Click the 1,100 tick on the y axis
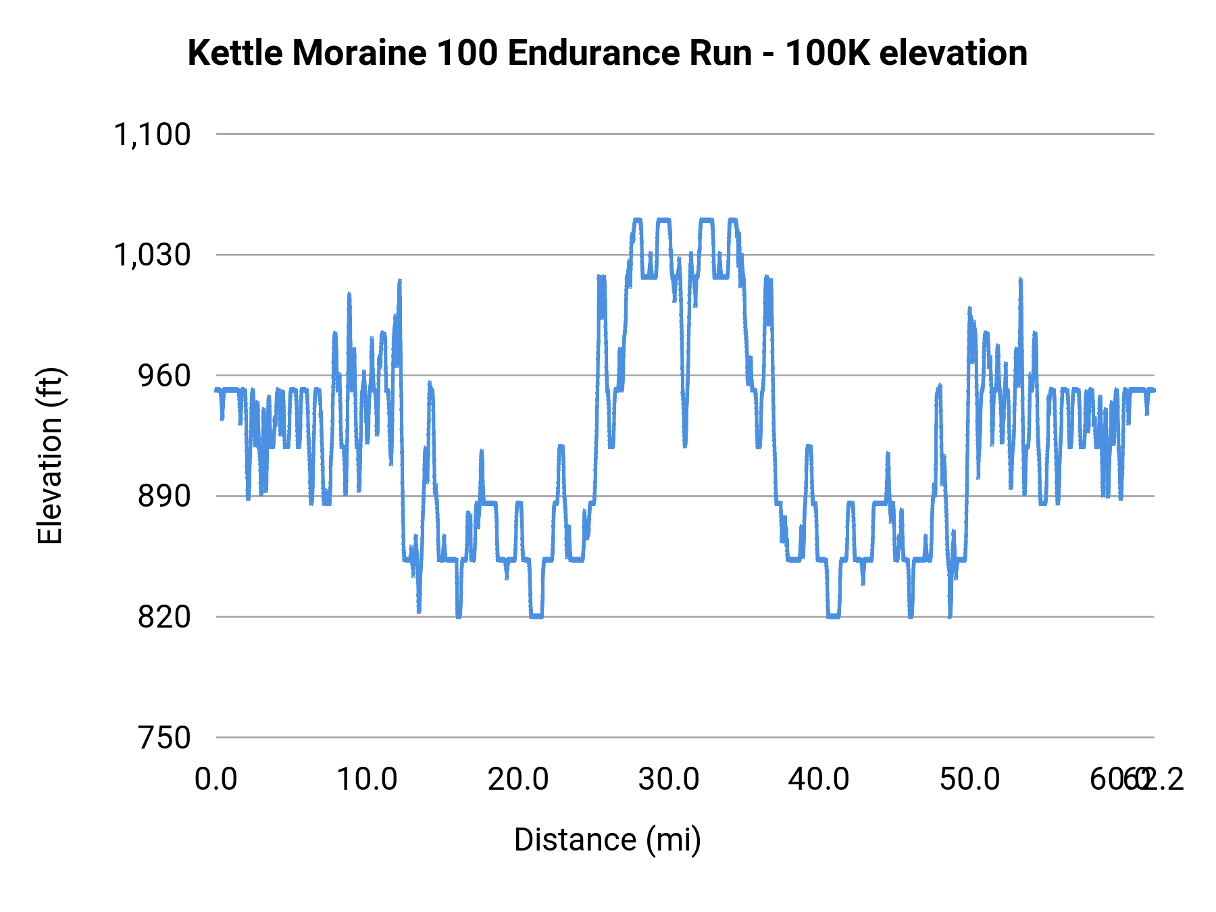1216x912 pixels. (x=152, y=134)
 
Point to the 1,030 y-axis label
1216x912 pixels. (x=152, y=255)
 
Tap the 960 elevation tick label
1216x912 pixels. (x=164, y=376)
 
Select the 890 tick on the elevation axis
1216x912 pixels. (x=164, y=497)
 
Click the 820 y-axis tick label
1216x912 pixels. (x=164, y=617)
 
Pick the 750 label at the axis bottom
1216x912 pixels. (x=164, y=738)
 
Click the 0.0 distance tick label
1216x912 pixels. (x=216, y=780)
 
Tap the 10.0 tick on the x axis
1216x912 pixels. (x=367, y=780)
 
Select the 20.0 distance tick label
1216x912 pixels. (x=518, y=780)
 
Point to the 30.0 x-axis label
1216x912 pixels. (x=669, y=780)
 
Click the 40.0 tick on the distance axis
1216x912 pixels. (x=819, y=780)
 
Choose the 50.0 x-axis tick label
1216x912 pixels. (x=969, y=780)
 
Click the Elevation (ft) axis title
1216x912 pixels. (x=50, y=456)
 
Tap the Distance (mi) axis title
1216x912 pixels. (x=607, y=840)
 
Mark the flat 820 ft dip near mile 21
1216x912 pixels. (x=536, y=616)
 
